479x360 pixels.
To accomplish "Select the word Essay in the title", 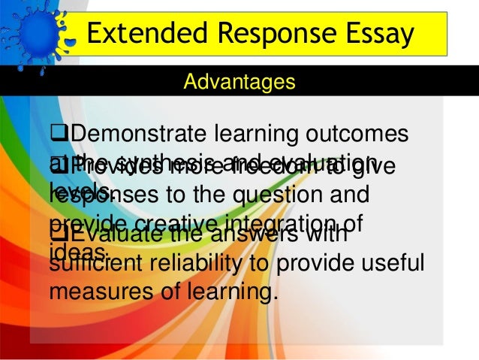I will (x=371, y=34).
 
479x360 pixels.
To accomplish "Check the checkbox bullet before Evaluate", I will (x=56, y=234).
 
